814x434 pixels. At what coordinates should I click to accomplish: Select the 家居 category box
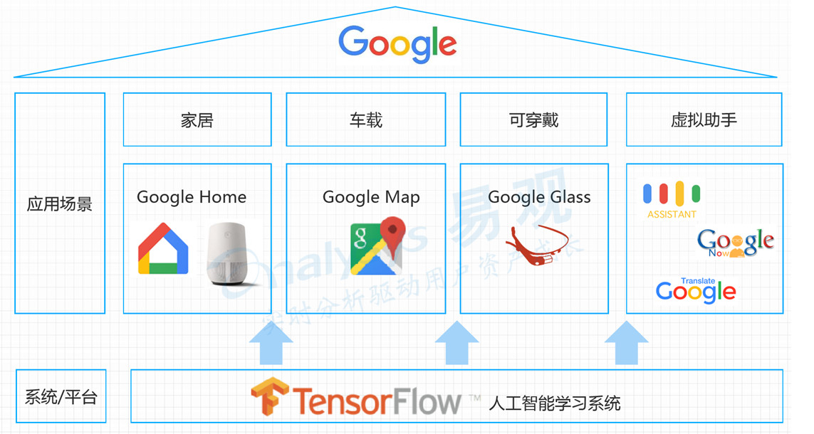197,120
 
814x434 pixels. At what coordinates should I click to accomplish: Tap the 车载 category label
366,120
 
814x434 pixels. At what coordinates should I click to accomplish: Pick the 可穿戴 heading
534,120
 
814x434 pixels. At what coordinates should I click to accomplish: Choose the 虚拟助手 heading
704,120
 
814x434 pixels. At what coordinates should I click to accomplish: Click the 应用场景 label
60,204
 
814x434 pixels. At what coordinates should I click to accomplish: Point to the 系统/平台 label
61,397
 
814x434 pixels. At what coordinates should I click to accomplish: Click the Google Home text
192,197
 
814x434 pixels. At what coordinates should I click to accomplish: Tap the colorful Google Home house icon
164,249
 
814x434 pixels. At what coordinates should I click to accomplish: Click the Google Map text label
371,197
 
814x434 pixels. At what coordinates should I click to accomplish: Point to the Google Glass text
539,197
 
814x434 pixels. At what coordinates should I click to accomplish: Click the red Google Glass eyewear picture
539,243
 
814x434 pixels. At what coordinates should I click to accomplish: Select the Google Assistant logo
672,199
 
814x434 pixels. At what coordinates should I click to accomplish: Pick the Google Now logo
735,243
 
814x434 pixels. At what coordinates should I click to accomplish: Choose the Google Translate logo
696,290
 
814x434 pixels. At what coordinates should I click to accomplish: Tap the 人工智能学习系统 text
555,403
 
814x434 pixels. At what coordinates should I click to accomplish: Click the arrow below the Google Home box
271,343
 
